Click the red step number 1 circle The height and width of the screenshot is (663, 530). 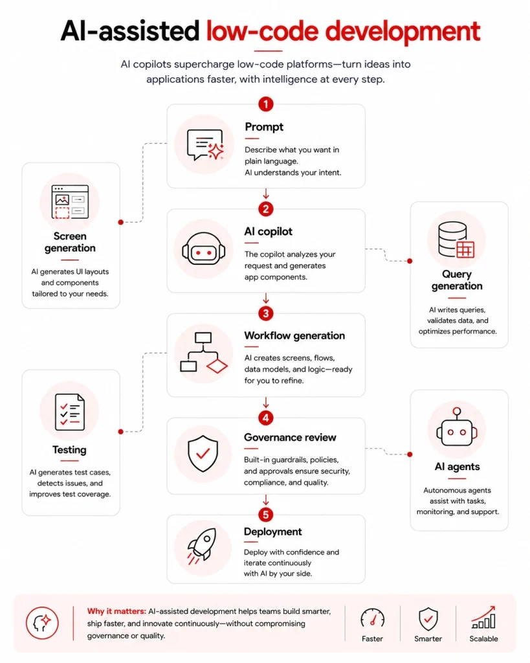pyautogui.click(x=266, y=104)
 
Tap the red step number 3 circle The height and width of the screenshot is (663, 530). pyautogui.click(x=266, y=313)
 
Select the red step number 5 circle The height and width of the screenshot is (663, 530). pyautogui.click(x=266, y=515)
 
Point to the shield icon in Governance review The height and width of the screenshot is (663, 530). pyautogui.click(x=203, y=453)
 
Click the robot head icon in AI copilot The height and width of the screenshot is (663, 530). pyautogui.click(x=204, y=249)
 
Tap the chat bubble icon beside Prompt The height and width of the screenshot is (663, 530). pyautogui.click(x=205, y=144)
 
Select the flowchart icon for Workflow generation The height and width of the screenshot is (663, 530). pyautogui.click(x=204, y=352)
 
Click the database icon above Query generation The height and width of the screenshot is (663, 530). pyautogui.click(x=456, y=240)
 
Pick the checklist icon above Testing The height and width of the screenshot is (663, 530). pyautogui.click(x=70, y=412)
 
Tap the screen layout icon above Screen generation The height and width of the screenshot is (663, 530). pyautogui.click(x=70, y=202)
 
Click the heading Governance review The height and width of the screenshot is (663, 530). pyautogui.click(x=290, y=437)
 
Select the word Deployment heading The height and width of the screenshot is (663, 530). pyautogui.click(x=272, y=532)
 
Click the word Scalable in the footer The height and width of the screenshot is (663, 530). pyautogui.click(x=483, y=638)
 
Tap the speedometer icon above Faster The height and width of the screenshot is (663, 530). pyautogui.click(x=372, y=618)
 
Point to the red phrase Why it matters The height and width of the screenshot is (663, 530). pyautogui.click(x=116, y=611)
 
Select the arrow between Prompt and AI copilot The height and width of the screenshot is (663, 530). pyautogui.click(x=266, y=194)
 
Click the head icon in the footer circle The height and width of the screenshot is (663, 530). pyautogui.click(x=42, y=623)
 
